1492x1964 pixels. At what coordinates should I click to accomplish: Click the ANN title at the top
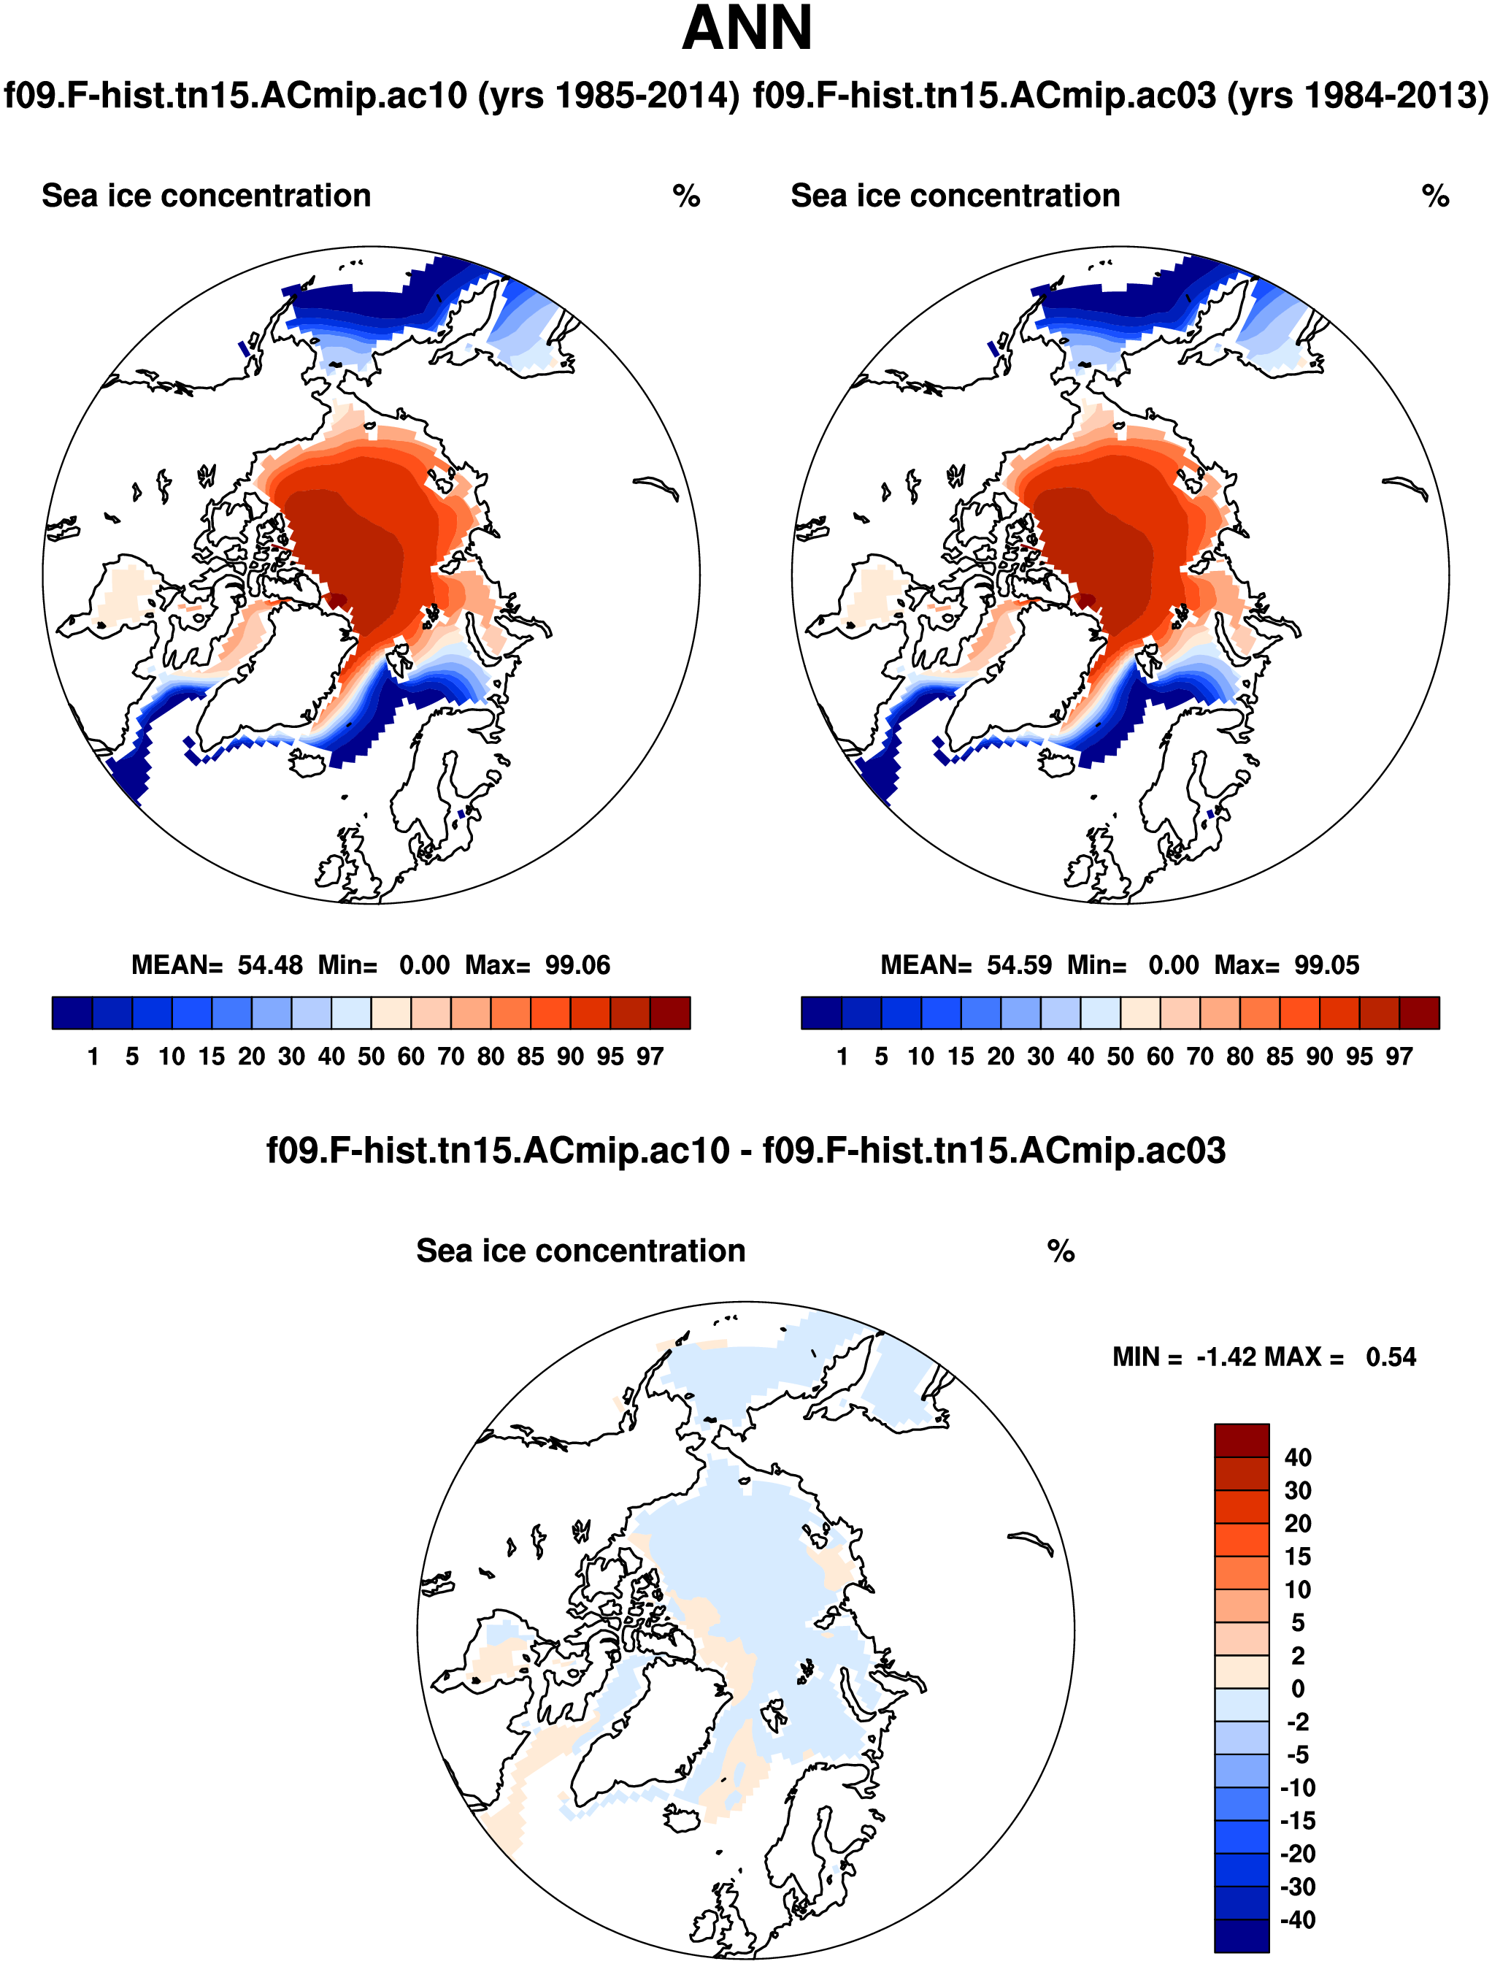[x=747, y=28]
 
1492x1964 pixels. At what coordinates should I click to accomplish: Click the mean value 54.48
[x=269, y=964]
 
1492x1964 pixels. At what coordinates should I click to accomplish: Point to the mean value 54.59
[x=1019, y=964]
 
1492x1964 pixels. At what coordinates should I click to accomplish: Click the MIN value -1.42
[x=1226, y=1357]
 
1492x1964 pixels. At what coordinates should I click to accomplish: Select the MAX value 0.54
[x=1391, y=1357]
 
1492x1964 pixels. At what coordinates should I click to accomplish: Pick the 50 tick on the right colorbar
[x=1120, y=1056]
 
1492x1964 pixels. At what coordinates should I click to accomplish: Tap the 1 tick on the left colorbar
[x=93, y=1056]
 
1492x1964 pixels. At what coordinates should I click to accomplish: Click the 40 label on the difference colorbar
[x=1298, y=1458]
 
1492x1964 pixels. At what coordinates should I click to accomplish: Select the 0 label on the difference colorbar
[x=1298, y=1689]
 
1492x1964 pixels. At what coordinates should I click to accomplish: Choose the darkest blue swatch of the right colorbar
[x=820, y=1013]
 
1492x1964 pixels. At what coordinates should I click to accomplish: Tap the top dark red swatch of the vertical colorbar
[x=1242, y=1441]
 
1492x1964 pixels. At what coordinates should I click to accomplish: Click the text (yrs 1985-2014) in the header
[x=608, y=95]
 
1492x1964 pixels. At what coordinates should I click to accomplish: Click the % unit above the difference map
[x=1061, y=1251]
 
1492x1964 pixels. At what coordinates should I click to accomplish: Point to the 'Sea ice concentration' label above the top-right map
[x=955, y=196]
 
